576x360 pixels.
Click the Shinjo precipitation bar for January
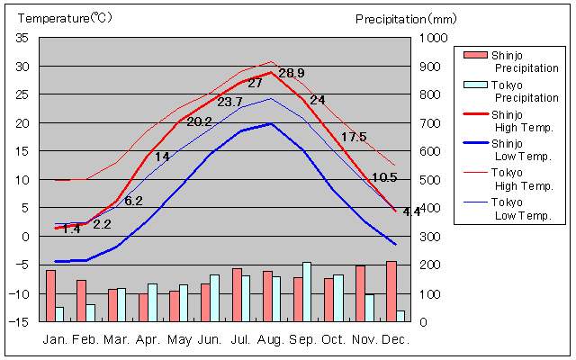coord(50,295)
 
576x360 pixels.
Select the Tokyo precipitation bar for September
coord(307,292)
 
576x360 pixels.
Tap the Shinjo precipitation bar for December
coord(391,291)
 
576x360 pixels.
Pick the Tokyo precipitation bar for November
coord(369,308)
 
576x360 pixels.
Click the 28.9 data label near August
coord(292,73)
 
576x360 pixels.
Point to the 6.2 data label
coord(133,201)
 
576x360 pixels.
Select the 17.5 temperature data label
coord(354,137)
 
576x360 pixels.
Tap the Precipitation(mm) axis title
coord(406,18)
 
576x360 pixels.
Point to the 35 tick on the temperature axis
coord(22,38)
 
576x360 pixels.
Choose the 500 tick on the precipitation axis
coord(431,180)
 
